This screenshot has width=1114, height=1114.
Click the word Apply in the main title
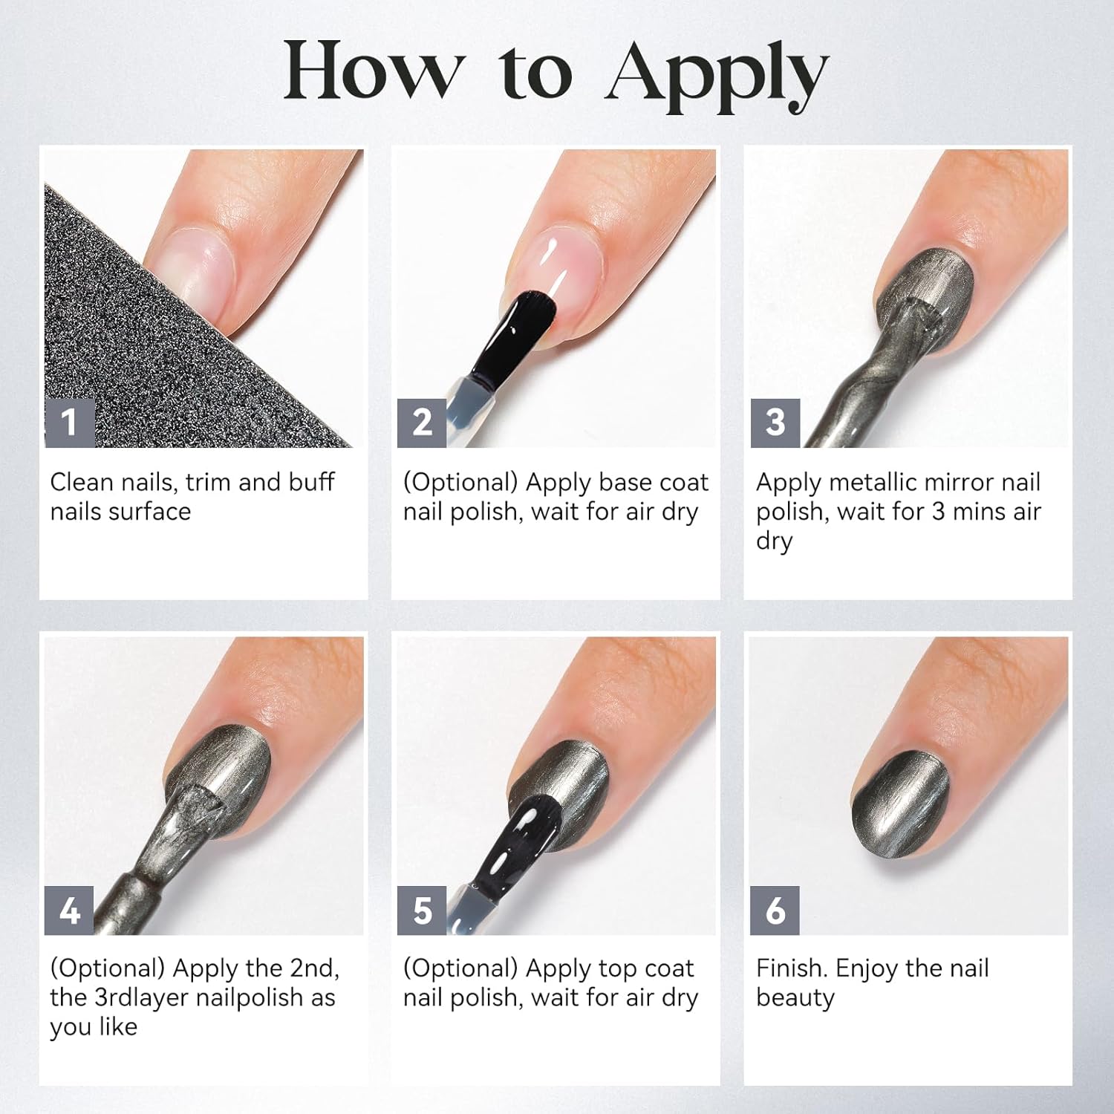[x=716, y=74]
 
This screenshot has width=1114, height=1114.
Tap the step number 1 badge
[x=70, y=423]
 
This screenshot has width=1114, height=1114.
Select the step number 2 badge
[x=422, y=423]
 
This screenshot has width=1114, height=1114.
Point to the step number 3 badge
[x=775, y=423]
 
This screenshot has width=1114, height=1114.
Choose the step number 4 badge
[x=70, y=910]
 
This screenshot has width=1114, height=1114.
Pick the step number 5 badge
[x=422, y=910]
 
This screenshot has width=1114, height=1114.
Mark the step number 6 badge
[x=775, y=910]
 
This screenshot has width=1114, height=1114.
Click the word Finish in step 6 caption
[x=791, y=968]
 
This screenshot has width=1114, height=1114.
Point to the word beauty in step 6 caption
[x=795, y=998]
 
